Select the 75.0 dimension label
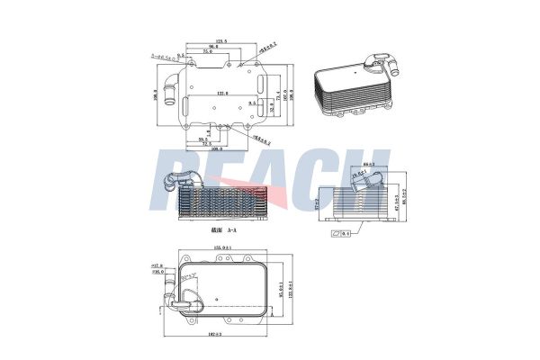tap(208, 53)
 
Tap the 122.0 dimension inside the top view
tap(221, 94)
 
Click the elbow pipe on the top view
tap(166, 93)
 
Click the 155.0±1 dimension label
tap(222, 248)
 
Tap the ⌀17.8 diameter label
tap(156, 266)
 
